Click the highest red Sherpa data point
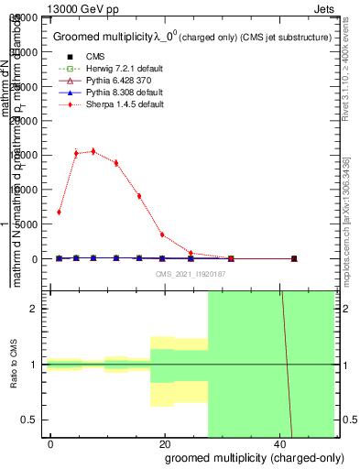[93, 151]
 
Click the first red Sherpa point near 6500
[59, 212]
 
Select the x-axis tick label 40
[278, 442]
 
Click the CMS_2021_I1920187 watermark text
[191, 275]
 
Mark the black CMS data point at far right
[294, 259]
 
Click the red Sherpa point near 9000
[139, 196]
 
